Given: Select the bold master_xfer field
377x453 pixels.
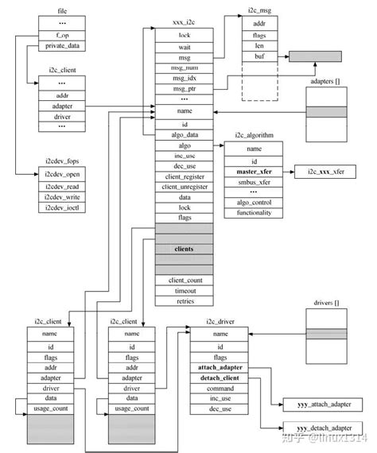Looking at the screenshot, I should point(254,172).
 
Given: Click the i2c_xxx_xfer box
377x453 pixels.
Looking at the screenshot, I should point(322,172).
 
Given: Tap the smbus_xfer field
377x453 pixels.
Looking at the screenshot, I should point(254,182).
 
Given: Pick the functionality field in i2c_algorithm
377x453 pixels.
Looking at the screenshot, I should point(254,213).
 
